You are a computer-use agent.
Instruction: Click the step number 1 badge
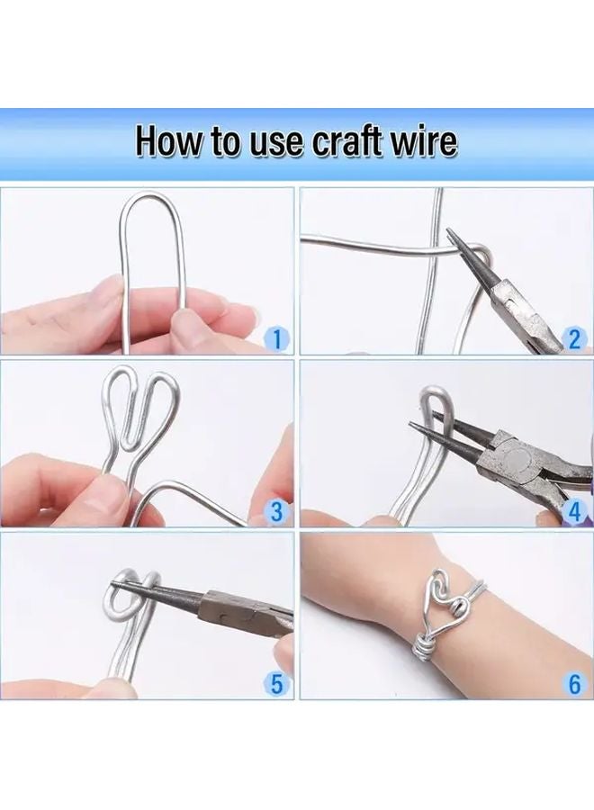[277, 339]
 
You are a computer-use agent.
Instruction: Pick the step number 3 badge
[277, 512]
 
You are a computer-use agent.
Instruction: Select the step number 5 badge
[277, 684]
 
